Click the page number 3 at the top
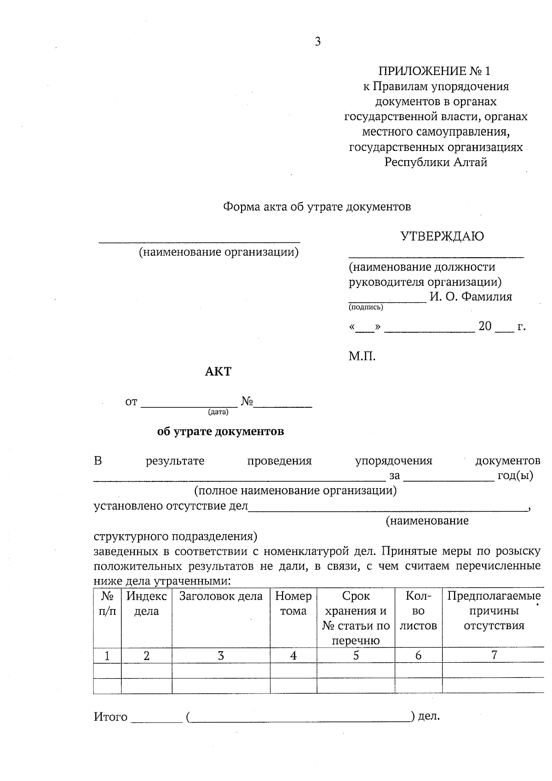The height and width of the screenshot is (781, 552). click(317, 42)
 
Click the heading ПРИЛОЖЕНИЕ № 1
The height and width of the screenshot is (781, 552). click(434, 71)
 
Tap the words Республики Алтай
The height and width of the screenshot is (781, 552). click(436, 162)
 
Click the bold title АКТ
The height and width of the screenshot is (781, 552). click(218, 371)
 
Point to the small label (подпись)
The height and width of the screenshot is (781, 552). click(366, 307)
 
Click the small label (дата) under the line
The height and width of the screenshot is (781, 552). click(218, 412)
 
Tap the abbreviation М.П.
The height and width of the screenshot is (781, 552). click(362, 356)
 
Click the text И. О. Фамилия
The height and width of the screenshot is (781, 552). click(471, 297)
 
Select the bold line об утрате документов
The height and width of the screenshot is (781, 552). click(220, 432)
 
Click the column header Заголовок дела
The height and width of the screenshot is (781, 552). click(221, 596)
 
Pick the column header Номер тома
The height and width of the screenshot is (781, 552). click(293, 603)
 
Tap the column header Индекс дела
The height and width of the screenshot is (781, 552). click(146, 603)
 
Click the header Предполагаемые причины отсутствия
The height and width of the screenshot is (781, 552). click(493, 611)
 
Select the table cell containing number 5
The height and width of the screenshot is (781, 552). click(356, 655)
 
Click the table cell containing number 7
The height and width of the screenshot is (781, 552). click(494, 655)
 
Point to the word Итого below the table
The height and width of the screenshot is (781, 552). click(110, 717)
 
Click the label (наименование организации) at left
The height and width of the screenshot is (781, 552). click(219, 252)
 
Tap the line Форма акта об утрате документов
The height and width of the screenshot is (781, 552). click(317, 207)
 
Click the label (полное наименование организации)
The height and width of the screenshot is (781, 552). click(295, 491)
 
